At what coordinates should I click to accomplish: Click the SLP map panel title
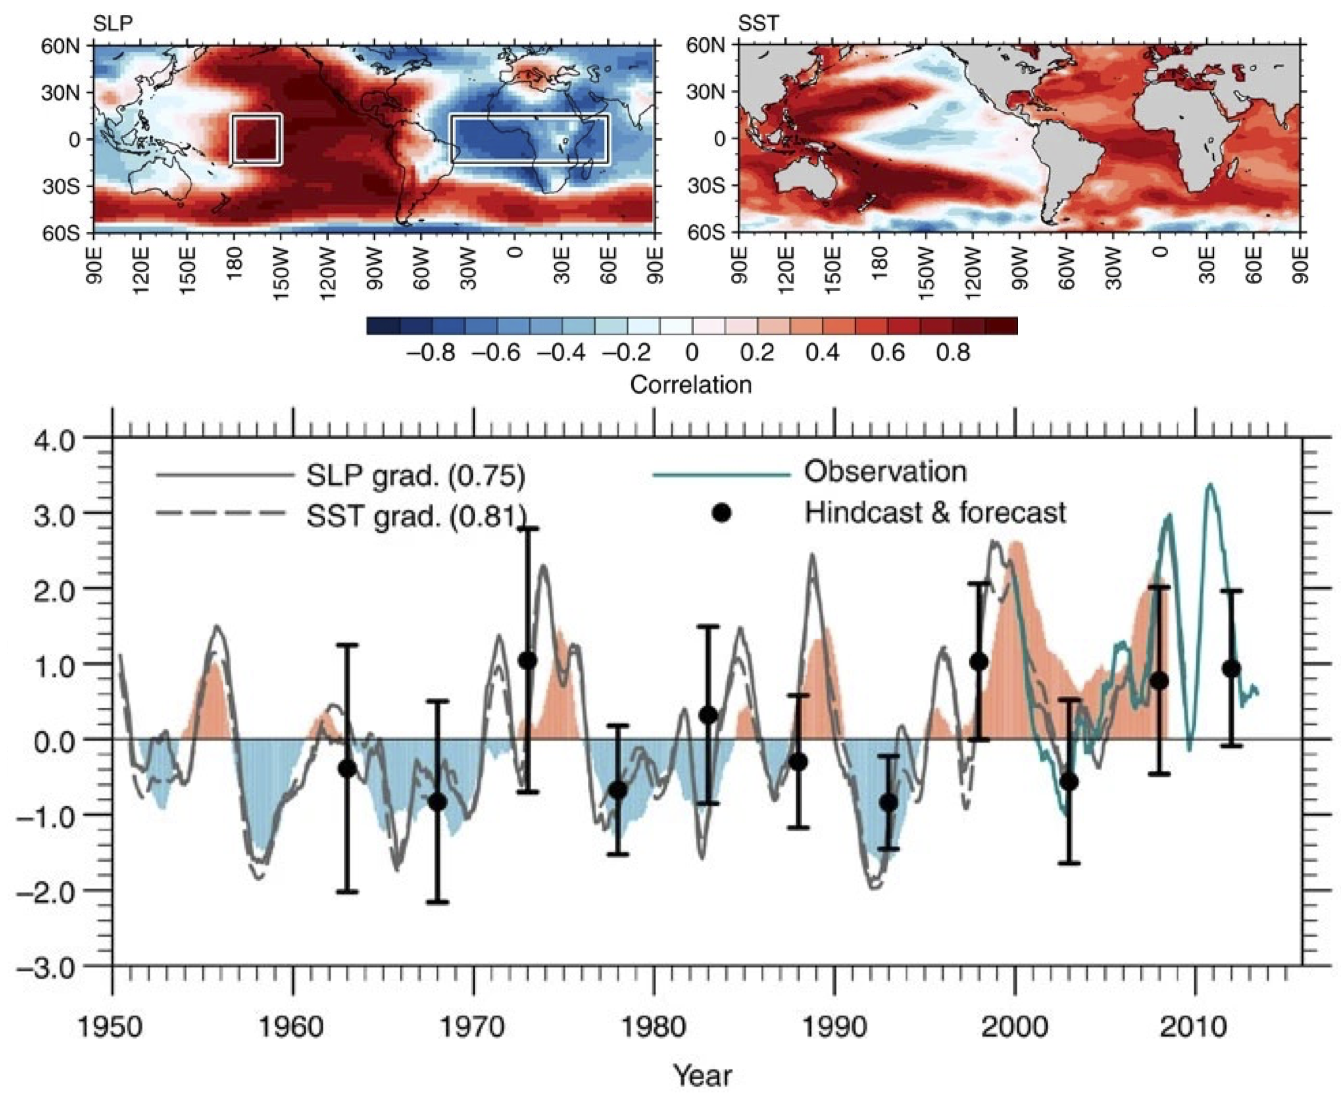pos(113,24)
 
